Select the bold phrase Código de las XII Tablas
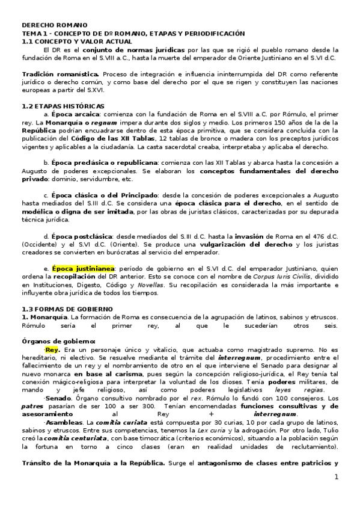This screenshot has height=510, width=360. [x=119, y=138]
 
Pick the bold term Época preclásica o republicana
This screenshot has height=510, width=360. [x=105, y=162]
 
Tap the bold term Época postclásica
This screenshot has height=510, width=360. [x=82, y=235]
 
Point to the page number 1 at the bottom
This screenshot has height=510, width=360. [x=337, y=477]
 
